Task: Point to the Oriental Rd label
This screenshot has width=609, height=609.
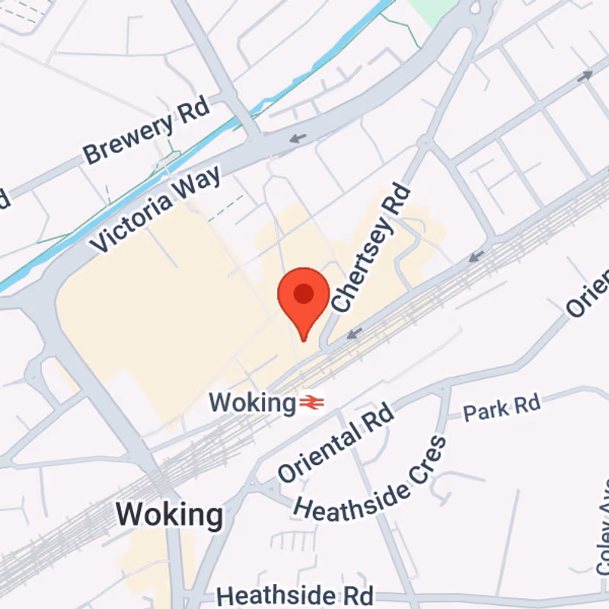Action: tap(336, 443)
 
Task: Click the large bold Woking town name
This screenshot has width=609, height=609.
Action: tap(171, 515)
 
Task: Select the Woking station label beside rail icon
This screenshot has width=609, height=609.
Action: tap(251, 402)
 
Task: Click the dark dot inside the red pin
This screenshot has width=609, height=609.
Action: tap(304, 293)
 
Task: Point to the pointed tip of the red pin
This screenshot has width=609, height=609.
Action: tap(304, 340)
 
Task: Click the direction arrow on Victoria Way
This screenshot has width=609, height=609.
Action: tap(298, 139)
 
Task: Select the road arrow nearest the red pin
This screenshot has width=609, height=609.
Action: tap(354, 333)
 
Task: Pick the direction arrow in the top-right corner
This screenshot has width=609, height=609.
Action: tap(585, 76)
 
